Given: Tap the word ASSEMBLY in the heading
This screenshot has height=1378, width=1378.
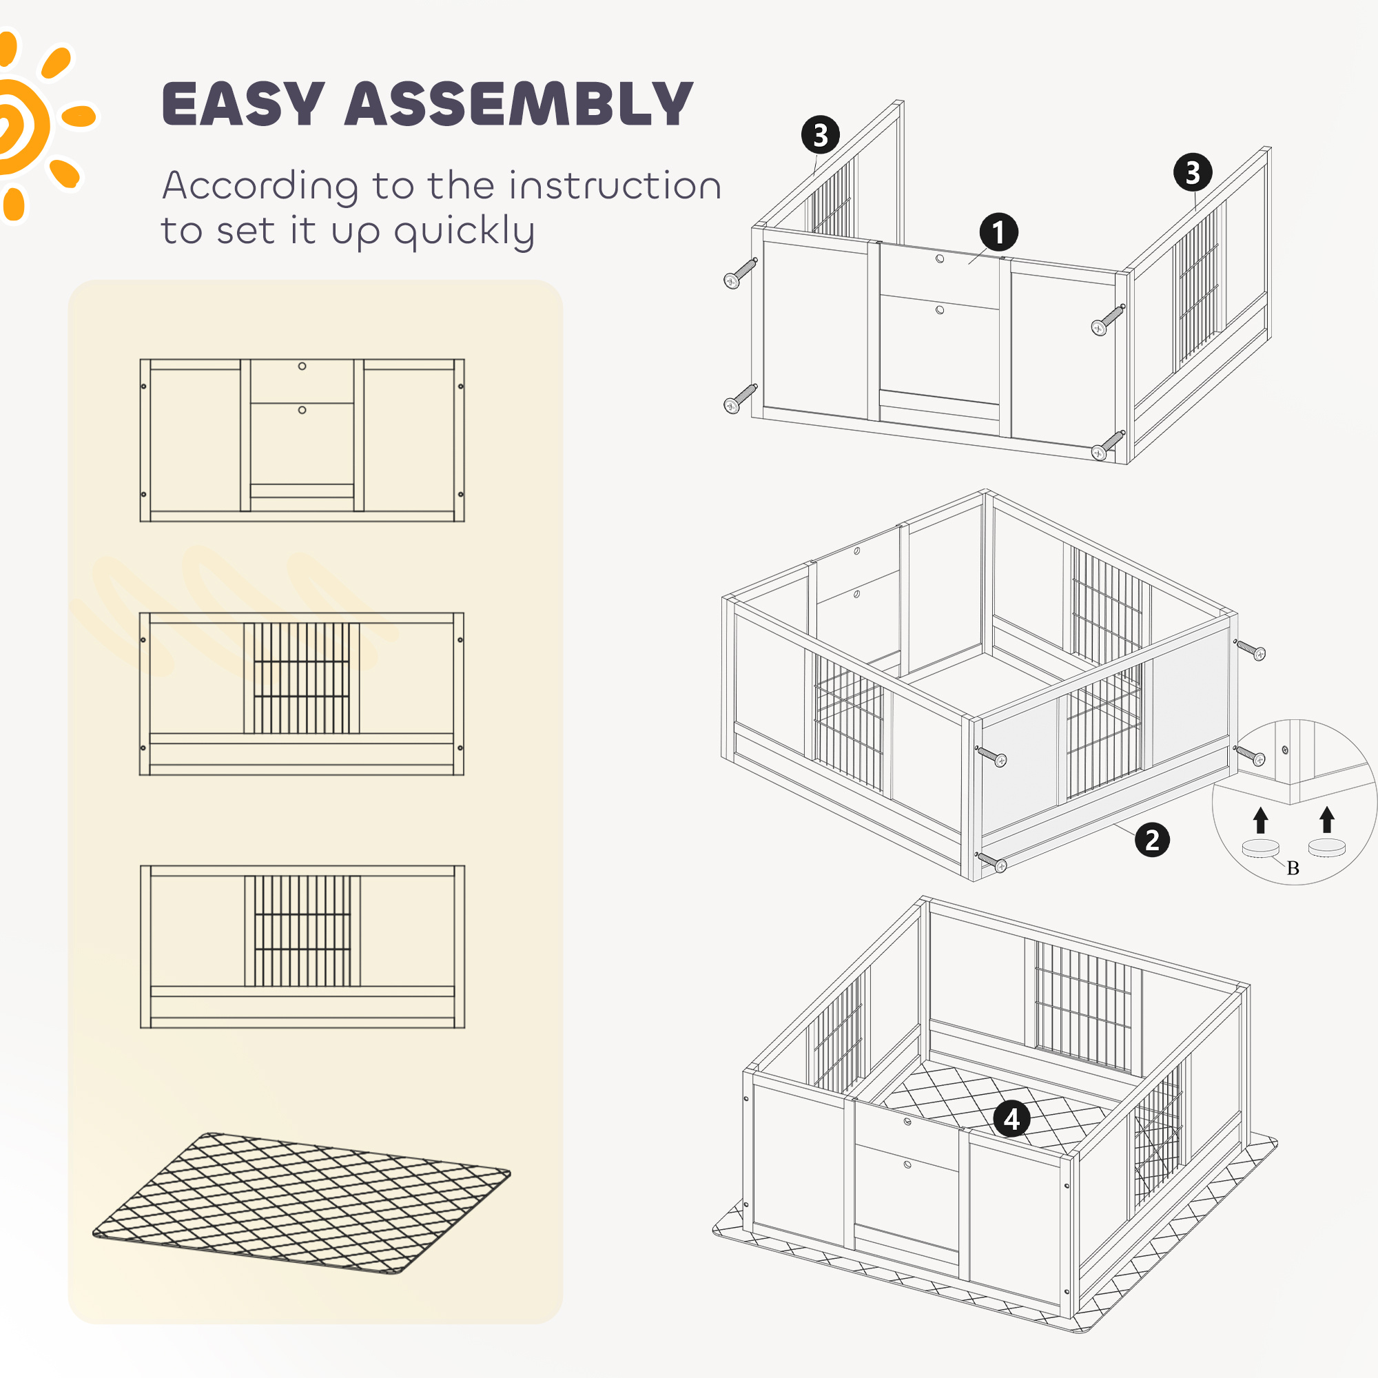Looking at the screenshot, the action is pos(520,104).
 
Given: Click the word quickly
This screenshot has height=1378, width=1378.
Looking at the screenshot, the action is pos(464,232).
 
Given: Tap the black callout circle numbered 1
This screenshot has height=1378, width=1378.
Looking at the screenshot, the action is pos(998,231).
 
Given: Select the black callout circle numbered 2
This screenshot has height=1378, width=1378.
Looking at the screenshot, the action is pos(1152,839).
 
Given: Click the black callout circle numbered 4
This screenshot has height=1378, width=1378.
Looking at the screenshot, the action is pos(1011,1119).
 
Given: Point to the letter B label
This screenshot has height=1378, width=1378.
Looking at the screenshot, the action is pos(1293,868).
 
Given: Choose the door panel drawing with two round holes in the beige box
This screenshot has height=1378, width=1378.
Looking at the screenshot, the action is pos(302,440).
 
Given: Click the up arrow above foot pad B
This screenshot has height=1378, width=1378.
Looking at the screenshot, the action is pos(1261,819).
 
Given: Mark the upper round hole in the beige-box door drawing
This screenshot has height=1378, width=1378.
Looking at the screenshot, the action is pos(302,366).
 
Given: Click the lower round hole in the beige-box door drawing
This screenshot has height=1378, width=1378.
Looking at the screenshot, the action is pos(302,410).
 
